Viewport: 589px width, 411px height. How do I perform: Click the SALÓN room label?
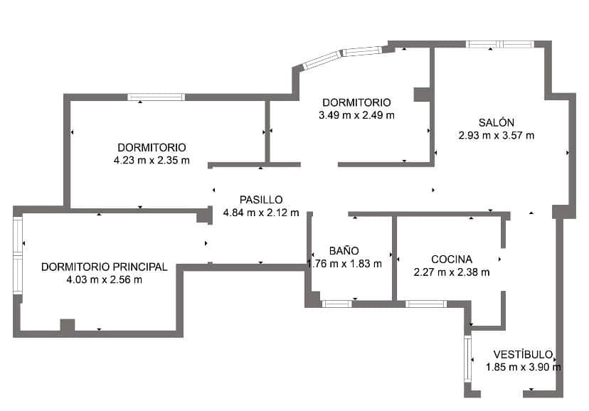click(497, 122)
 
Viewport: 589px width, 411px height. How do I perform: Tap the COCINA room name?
click(452, 260)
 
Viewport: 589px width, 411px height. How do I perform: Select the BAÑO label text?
click(344, 250)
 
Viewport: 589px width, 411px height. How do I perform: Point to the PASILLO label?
click(261, 200)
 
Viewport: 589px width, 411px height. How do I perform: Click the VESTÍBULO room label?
click(524, 354)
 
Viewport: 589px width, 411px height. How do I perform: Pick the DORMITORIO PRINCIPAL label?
click(105, 267)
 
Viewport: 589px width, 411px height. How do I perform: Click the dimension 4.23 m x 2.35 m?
click(152, 160)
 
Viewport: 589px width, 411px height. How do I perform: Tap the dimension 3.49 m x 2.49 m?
click(357, 114)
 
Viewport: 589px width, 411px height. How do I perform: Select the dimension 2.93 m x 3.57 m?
click(497, 135)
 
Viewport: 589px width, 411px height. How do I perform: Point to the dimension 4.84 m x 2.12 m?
click(261, 212)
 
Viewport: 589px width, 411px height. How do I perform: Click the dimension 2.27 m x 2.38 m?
click(452, 272)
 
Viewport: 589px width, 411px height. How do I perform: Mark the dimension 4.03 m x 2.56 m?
click(105, 279)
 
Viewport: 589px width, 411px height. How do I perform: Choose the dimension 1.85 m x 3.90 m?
click(524, 367)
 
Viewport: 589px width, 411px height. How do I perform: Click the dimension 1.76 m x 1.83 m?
click(345, 263)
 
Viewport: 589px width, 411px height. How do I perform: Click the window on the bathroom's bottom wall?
click(336, 304)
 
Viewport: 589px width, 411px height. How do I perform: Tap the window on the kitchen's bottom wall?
click(426, 304)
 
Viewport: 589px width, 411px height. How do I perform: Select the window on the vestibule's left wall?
click(467, 358)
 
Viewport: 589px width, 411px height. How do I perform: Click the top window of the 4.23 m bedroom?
click(156, 97)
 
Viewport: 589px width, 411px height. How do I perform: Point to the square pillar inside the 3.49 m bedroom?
click(423, 95)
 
